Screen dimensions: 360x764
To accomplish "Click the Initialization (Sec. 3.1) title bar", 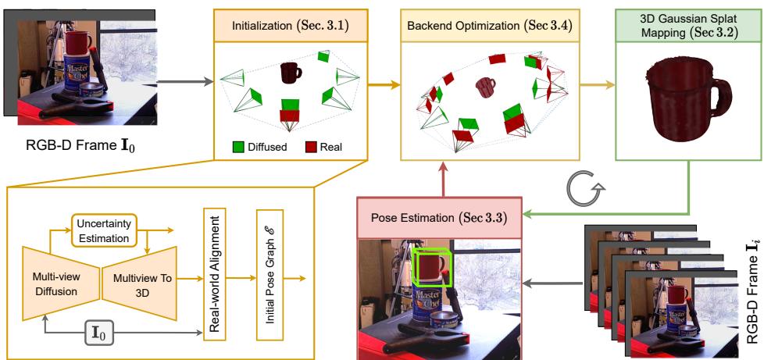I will (291, 24).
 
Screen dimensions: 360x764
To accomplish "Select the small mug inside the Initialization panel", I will (291, 73).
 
